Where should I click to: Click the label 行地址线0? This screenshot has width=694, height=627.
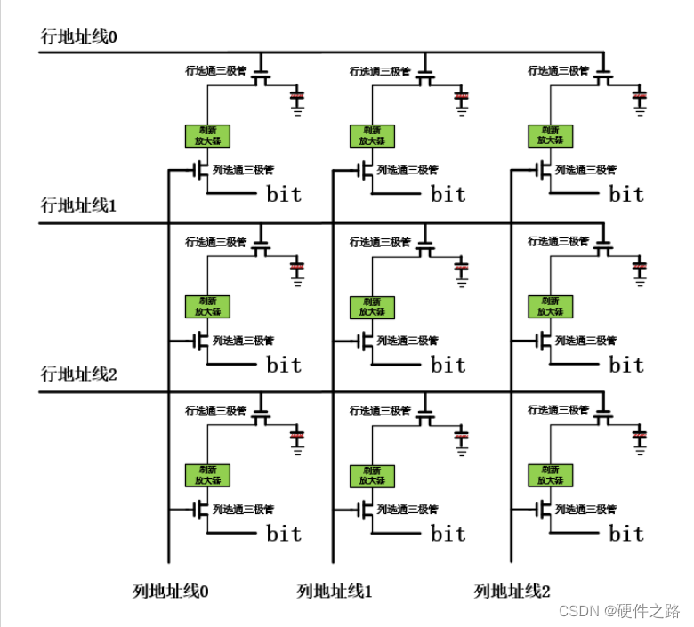click(79, 36)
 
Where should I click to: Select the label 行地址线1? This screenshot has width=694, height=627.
click(79, 205)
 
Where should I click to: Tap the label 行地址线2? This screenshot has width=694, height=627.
click(79, 374)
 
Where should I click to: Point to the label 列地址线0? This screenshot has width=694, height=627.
click(171, 591)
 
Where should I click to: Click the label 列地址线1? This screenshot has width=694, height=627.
click(335, 591)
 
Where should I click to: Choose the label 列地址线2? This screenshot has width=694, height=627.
click(512, 591)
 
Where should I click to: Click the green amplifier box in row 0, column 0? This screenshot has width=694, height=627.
click(207, 135)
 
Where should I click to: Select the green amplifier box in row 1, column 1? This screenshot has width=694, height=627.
click(372, 307)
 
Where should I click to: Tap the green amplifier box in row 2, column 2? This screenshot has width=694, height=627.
click(551, 475)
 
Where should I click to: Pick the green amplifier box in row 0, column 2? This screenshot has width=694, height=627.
click(551, 135)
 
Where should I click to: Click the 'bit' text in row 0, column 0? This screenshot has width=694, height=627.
click(284, 194)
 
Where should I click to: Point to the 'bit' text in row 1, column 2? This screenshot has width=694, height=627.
click(626, 364)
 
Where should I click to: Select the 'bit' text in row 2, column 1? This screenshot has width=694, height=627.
click(448, 534)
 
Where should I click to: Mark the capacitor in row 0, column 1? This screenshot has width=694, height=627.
click(462, 96)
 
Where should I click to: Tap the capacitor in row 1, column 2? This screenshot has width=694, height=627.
click(640, 266)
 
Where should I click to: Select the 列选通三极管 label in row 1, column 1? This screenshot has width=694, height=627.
click(407, 341)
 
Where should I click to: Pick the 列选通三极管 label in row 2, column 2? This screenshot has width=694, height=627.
click(585, 510)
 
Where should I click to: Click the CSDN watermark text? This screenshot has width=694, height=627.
click(617, 611)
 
